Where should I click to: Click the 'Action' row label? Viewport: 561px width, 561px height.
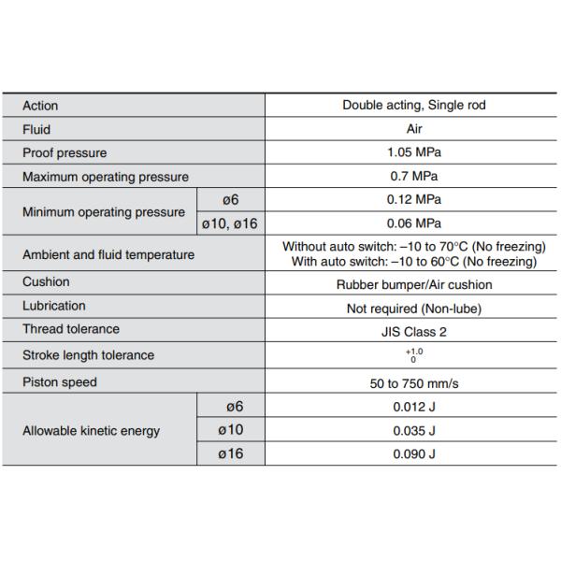tap(40, 106)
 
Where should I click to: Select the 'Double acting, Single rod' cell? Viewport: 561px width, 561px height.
tap(413, 106)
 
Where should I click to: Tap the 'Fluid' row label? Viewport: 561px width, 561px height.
tap(36, 129)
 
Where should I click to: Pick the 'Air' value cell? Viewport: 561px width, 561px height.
tap(413, 129)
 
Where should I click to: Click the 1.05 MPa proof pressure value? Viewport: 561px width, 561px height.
tap(413, 152)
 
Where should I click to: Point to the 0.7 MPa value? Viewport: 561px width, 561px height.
tap(413, 176)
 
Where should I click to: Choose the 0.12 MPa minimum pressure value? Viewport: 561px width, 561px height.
tap(413, 199)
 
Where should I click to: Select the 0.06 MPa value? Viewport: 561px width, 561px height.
tap(413, 223)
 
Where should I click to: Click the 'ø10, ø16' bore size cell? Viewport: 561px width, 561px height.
tap(230, 223)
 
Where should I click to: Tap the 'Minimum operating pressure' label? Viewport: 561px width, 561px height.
tap(103, 211)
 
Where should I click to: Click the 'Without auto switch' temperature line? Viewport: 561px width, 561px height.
tap(413, 247)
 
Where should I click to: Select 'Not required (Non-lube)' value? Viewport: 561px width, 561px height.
tap(413, 308)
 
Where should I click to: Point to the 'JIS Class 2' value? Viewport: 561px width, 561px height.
tap(413, 331)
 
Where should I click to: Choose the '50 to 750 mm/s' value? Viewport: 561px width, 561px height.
tap(413, 382)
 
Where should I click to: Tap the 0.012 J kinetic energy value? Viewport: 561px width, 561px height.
tap(413, 407)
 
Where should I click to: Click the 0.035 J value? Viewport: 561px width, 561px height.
tap(413, 431)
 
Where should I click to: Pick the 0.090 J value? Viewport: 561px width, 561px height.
tap(413, 454)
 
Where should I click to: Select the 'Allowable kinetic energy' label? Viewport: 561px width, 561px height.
tap(91, 431)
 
